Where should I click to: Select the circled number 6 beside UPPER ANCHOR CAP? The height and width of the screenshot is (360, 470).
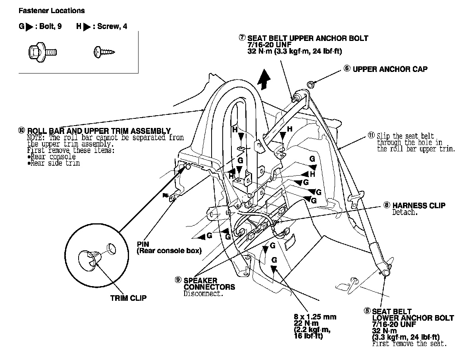[347, 69]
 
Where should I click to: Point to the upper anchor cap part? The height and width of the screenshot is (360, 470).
[310, 84]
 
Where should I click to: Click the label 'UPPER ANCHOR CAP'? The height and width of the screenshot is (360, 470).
[390, 69]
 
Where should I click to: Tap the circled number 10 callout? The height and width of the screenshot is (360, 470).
[21, 130]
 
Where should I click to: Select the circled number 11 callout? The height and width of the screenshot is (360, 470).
[371, 136]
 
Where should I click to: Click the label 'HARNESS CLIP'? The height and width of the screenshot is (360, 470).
[419, 206]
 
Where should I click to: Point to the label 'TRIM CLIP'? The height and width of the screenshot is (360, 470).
[128, 298]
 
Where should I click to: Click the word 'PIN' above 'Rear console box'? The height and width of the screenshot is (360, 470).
[143, 244]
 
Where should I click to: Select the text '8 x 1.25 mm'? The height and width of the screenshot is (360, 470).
[315, 317]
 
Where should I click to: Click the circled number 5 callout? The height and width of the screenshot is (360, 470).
[367, 311]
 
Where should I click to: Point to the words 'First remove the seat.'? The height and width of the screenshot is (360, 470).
[409, 344]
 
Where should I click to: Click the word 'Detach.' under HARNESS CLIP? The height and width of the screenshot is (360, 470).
[405, 213]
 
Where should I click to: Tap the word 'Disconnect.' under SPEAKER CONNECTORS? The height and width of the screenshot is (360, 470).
[203, 294]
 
